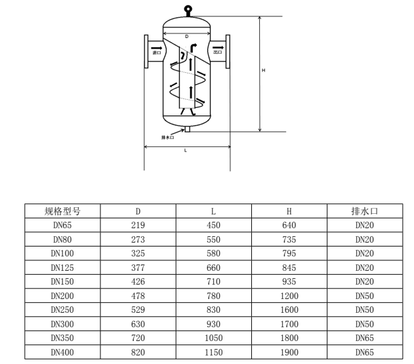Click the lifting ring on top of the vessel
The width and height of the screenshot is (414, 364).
pyautogui.click(x=188, y=8)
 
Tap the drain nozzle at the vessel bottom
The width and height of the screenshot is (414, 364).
pyautogui.click(x=187, y=129)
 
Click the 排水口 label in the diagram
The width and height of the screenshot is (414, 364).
pyautogui.click(x=168, y=138)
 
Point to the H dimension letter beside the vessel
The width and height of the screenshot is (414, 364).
pyautogui.click(x=263, y=70)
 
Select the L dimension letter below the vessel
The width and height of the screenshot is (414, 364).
pyautogui.click(x=186, y=150)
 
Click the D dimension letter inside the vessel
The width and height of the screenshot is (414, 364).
pyautogui.click(x=187, y=37)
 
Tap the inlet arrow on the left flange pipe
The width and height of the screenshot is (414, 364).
pyautogui.click(x=157, y=48)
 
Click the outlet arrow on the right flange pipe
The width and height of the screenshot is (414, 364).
pyautogui.click(x=218, y=47)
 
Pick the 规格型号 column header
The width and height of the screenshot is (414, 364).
pyautogui.click(x=62, y=211)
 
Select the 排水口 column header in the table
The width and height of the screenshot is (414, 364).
pyautogui.click(x=365, y=211)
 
